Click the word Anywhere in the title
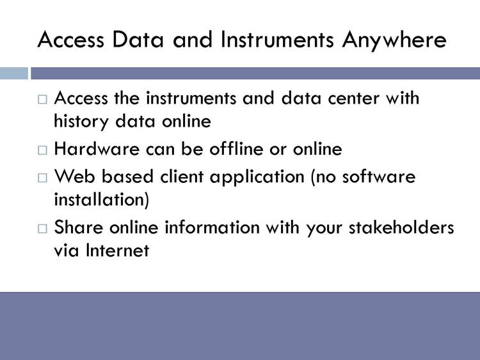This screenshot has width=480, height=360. tap(394, 40)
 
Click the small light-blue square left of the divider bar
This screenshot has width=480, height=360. tap(14, 74)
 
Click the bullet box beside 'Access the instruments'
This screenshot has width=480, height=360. tap(42, 99)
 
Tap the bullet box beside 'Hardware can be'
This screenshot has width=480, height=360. tap(42, 150)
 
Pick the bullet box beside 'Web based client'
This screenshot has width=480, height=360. tap(42, 178)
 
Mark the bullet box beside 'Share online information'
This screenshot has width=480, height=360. tap(42, 228)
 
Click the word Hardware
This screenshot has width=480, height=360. tap(97, 149)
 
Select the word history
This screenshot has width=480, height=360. tap(81, 122)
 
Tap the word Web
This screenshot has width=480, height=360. tap(74, 176)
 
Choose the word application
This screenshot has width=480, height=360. tap(257, 178)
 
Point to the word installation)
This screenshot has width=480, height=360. tap(101, 200)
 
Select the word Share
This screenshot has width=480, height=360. tap(79, 227)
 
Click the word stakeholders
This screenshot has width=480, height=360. tap(401, 227)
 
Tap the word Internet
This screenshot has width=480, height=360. tap(118, 251)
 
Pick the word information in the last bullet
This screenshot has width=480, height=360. tap(212, 227)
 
